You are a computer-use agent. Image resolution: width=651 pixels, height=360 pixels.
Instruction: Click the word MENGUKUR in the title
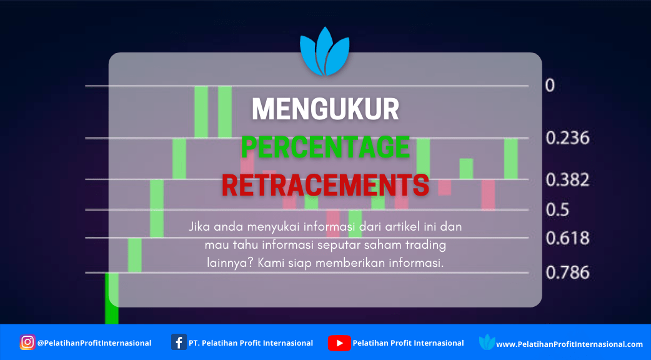coord(325,109)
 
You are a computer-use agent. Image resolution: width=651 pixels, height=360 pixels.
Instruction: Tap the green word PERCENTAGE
coord(325,147)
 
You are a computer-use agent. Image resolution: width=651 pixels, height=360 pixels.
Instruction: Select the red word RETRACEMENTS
coord(325,185)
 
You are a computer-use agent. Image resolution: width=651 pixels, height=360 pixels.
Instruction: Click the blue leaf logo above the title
coord(325,51)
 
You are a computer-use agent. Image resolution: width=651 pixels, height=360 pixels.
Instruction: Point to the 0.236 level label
coord(567,138)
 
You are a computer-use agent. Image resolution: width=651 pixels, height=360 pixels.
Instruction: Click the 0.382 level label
coord(567,180)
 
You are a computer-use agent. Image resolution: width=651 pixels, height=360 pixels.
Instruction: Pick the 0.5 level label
coord(557,210)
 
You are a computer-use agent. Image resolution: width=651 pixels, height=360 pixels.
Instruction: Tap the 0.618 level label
coord(567,238)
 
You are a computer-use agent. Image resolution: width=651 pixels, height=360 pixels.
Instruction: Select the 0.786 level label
coord(567,272)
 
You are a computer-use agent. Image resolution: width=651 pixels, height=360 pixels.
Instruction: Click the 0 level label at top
coord(550,86)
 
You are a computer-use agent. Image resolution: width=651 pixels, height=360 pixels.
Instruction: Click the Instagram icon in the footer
coord(27,342)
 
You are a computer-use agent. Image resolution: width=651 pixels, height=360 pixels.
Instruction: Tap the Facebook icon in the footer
coord(179,342)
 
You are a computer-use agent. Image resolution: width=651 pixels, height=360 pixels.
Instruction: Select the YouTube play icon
coord(339,343)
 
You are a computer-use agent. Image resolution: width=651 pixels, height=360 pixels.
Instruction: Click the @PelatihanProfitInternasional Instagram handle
coord(94,343)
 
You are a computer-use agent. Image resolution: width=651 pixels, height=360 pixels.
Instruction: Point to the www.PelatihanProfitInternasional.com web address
coord(570,344)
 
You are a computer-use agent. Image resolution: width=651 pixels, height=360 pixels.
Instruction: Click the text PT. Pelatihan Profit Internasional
coord(251,343)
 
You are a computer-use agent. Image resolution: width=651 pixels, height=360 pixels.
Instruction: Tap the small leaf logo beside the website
coord(487,342)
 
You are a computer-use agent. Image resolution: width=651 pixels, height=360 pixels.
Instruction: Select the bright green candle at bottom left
coord(112,298)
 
